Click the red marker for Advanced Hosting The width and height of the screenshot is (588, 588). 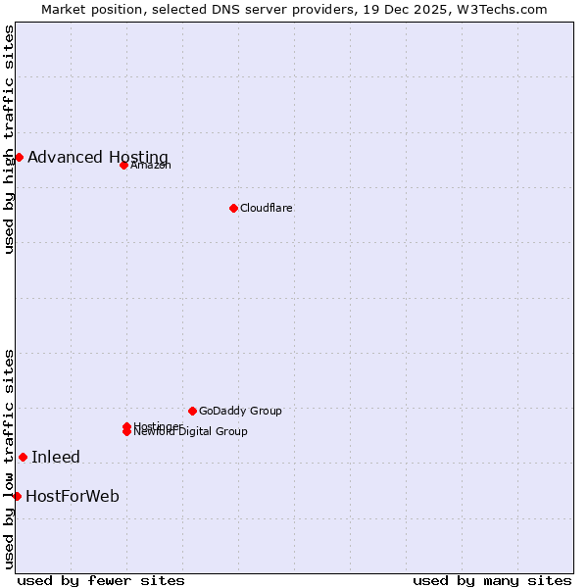point(19,157)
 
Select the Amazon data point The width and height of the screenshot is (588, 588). point(123,165)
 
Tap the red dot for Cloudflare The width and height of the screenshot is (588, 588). point(233,208)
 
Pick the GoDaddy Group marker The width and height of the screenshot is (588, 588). point(192,411)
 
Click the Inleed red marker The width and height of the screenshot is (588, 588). point(23,457)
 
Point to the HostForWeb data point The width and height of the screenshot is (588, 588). point(17,496)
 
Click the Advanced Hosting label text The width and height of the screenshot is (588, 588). point(98,158)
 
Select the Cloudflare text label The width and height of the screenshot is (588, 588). point(267,208)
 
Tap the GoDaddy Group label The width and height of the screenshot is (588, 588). point(240,411)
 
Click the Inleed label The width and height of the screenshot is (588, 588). point(56,457)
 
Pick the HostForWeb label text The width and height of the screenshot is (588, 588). point(73,496)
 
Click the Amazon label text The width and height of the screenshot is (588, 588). point(151,165)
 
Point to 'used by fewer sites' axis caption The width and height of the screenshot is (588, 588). point(101,580)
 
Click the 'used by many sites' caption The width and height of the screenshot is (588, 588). point(492,580)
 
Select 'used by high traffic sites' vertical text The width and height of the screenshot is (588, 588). point(9,139)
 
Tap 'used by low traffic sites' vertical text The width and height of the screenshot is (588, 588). point(9,459)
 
